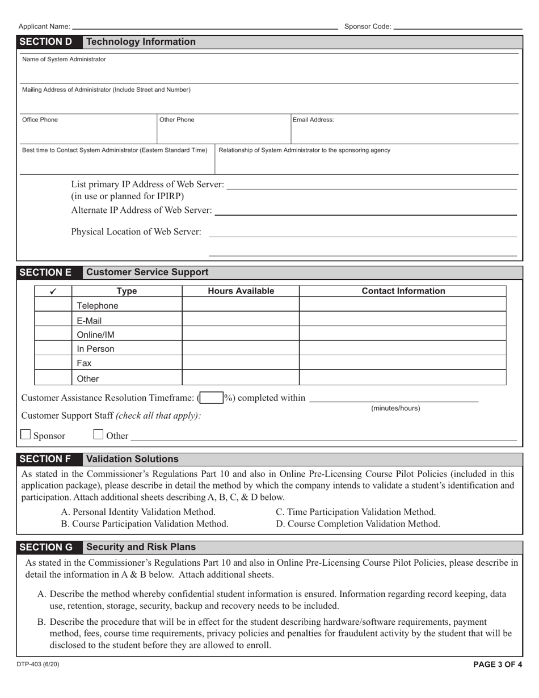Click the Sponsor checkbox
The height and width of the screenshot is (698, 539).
[26, 435]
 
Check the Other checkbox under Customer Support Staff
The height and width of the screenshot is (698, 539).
[98, 435]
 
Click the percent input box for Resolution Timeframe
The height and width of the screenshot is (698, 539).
[211, 398]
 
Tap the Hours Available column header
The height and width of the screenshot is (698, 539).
[241, 291]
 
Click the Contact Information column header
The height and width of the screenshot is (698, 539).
[403, 291]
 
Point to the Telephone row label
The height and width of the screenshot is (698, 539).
[98, 306]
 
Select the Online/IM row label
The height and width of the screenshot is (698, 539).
[95, 335]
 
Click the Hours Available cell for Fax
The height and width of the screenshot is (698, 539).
[241, 363]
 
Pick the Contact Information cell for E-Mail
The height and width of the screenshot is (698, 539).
[403, 321]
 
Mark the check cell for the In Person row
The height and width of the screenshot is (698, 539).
[53, 349]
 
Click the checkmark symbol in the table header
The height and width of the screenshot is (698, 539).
[53, 291]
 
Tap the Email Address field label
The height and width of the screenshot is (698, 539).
[313, 120]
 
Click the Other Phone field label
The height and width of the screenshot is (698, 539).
[176, 120]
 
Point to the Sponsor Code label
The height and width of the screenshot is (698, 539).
[368, 27]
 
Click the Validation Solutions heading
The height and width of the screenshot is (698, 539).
[132, 459]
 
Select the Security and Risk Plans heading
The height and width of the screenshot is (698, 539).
[141, 547]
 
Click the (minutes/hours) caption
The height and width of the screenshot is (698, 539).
[395, 409]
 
